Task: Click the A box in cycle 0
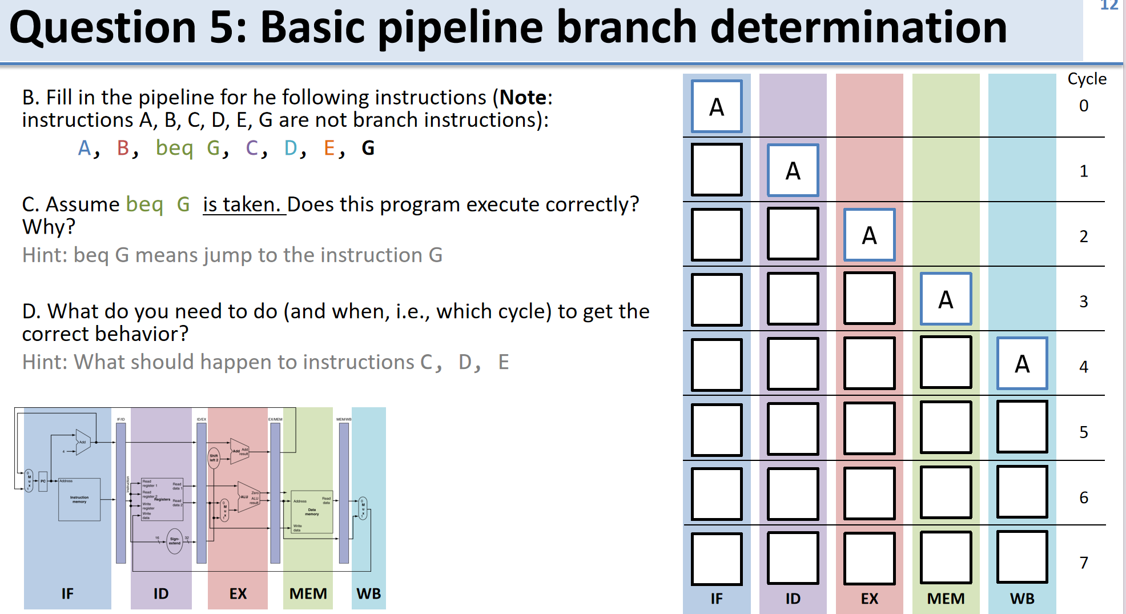click(x=717, y=107)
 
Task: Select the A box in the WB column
click(x=1022, y=364)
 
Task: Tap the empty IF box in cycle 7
click(x=717, y=559)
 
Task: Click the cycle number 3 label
click(x=1083, y=301)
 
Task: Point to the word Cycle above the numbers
click(x=1087, y=79)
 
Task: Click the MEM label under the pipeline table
click(x=946, y=598)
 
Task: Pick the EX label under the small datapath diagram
click(x=238, y=593)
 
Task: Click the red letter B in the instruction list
click(x=123, y=148)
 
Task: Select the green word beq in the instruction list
click(x=174, y=148)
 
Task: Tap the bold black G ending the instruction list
click(x=368, y=148)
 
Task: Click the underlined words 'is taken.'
click(x=244, y=204)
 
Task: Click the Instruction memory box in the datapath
click(x=79, y=500)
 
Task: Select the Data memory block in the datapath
click(x=312, y=511)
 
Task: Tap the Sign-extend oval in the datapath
click(x=175, y=540)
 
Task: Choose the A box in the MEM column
click(x=946, y=299)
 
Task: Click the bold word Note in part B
click(x=523, y=98)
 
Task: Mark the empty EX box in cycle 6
click(x=869, y=493)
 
